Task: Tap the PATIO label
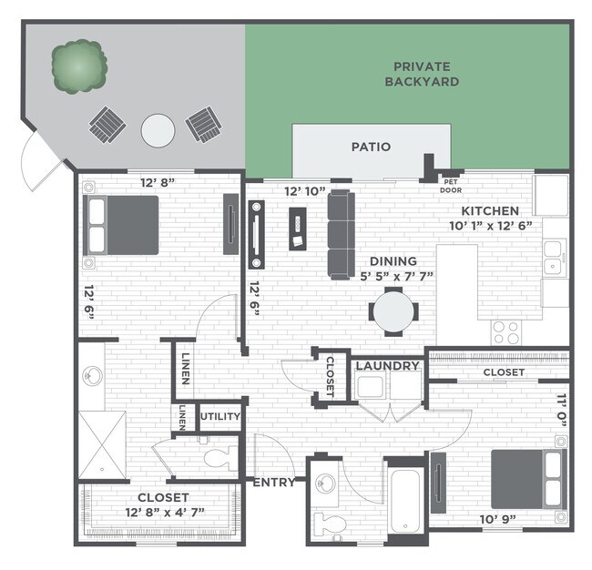371,147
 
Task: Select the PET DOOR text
451,186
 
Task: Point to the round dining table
393,311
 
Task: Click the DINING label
393,260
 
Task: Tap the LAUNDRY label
387,366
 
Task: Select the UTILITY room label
219,417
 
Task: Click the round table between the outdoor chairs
158,129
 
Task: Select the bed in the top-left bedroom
123,225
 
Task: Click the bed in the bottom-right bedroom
526,479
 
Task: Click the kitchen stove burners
505,332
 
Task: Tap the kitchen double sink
554,267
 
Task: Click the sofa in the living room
341,234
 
